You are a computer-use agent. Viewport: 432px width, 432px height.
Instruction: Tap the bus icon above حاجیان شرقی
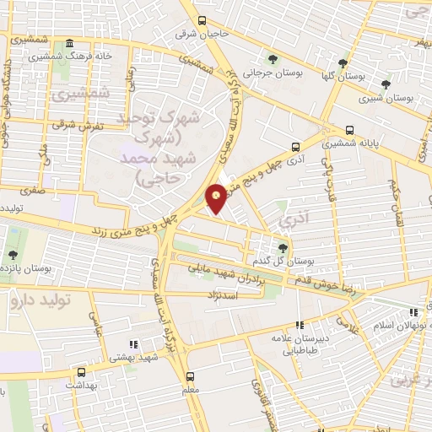pos(201,21)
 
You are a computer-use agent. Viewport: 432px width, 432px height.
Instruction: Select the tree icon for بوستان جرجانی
pos(272,58)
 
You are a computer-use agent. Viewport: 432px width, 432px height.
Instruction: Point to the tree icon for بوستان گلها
pos(342,63)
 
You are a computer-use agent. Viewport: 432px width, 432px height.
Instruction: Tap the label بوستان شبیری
pos(389,98)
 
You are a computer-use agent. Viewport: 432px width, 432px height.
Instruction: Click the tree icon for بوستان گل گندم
pos(283,247)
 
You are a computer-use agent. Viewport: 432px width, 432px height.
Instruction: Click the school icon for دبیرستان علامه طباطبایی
pos(299,325)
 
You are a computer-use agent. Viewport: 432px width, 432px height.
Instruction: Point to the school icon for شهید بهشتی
pos(132,343)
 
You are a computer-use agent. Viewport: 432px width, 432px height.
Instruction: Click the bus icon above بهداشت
pos(81,371)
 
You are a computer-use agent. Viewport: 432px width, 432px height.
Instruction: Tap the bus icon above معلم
pos(190,377)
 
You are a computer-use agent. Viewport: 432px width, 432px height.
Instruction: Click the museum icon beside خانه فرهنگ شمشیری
pos(68,44)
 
